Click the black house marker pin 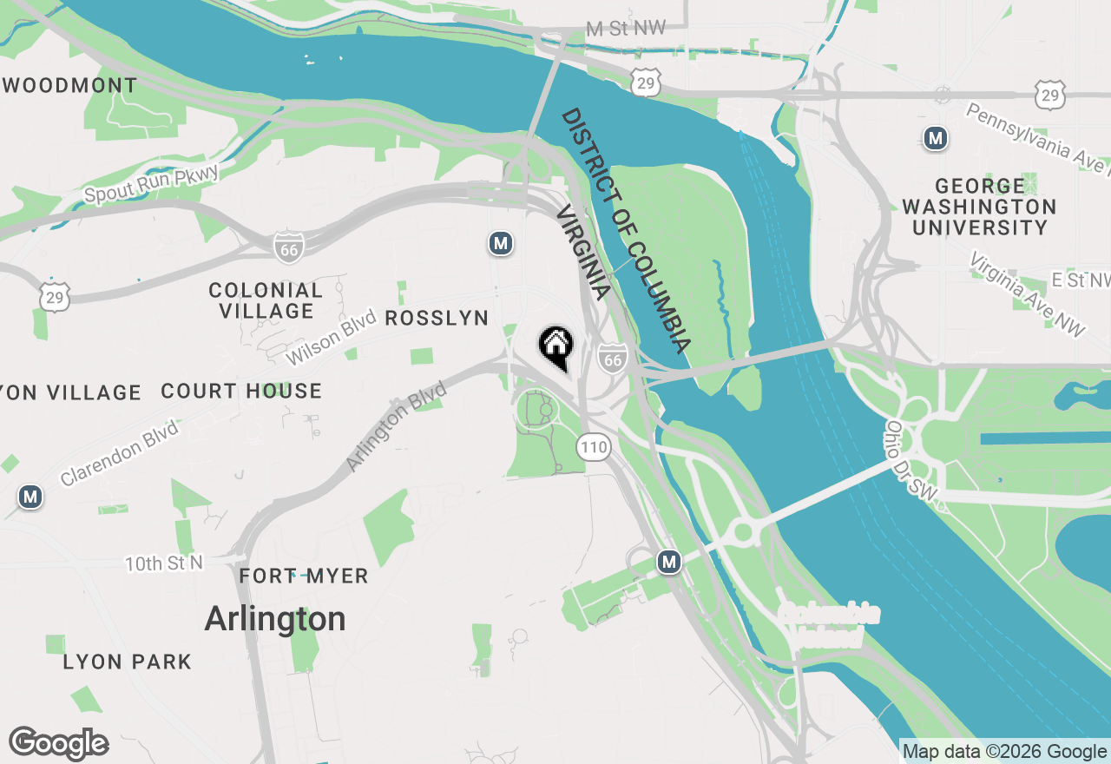tap(555, 347)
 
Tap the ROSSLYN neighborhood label tap(437, 319)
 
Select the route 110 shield tap(594, 448)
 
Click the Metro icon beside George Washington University tap(935, 138)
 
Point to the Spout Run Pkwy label tap(152, 184)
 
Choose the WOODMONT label tap(70, 86)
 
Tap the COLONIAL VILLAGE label tap(266, 300)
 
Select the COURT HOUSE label tap(241, 392)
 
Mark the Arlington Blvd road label tap(396, 426)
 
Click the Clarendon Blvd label tap(120, 452)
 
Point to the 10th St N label tap(163, 563)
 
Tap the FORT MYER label tap(304, 576)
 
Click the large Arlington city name tap(274, 619)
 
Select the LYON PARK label tap(127, 662)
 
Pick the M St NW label tap(625, 29)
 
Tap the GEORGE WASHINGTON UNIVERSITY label tap(979, 207)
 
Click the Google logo tap(58, 744)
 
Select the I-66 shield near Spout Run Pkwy tap(288, 247)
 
